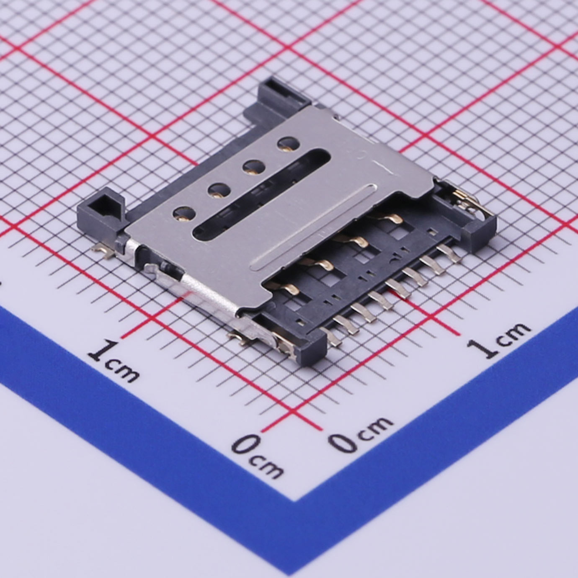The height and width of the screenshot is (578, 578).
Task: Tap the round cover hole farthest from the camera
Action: click(x=289, y=144)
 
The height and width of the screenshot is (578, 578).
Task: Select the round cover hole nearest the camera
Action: click(x=185, y=214)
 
